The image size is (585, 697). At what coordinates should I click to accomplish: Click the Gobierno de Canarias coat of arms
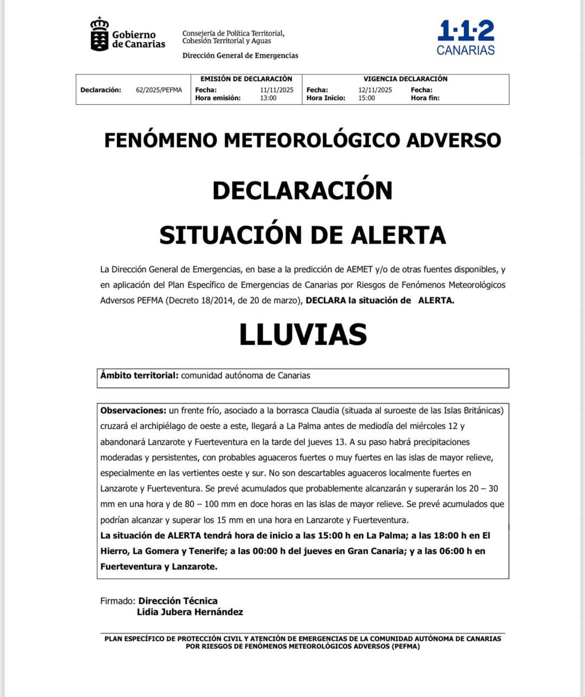[100, 35]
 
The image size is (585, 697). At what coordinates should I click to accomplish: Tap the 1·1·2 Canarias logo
[466, 38]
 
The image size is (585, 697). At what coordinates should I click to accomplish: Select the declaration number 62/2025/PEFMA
[159, 90]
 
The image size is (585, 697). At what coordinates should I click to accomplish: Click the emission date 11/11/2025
[276, 90]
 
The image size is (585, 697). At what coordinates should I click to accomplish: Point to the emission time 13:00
[268, 98]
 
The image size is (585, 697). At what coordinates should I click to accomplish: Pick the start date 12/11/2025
[375, 90]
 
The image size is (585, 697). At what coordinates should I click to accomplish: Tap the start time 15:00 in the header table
[366, 98]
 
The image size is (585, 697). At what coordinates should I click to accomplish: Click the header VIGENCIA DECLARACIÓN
[405, 79]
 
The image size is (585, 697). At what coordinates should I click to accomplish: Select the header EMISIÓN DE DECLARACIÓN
[246, 79]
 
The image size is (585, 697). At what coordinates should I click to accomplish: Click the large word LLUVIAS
[303, 334]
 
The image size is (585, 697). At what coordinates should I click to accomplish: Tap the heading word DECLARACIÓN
[302, 190]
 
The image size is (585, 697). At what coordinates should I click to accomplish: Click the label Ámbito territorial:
[139, 376]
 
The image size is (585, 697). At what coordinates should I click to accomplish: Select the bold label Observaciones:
[133, 411]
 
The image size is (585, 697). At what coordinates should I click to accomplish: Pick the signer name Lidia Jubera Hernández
[190, 612]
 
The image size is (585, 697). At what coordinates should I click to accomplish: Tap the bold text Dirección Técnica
[178, 601]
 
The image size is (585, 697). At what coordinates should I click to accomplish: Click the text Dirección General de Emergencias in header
[240, 55]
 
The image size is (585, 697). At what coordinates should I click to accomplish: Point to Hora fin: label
[425, 98]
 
